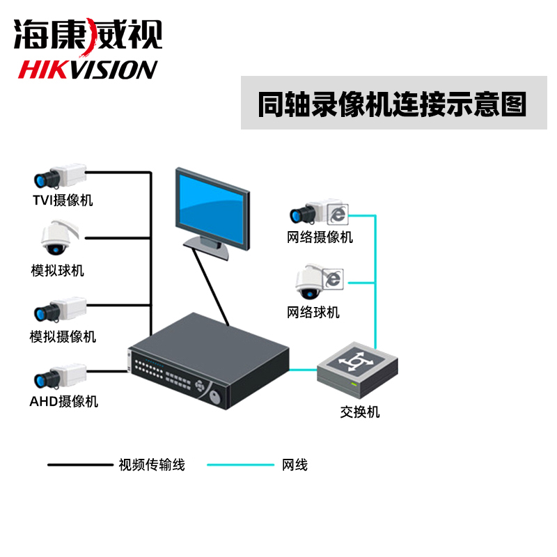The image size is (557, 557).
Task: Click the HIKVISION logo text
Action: tap(88, 70)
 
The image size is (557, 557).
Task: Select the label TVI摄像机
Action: tap(63, 201)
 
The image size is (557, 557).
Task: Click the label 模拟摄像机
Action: tap(63, 337)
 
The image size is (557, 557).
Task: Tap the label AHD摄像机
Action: tap(63, 401)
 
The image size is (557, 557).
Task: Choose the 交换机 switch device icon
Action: tap(358, 370)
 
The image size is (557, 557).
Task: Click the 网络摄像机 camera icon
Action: tap(317, 210)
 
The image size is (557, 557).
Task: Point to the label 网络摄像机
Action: tap(320, 237)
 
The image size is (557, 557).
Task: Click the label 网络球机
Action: tap(313, 312)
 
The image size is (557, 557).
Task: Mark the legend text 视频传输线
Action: tap(152, 464)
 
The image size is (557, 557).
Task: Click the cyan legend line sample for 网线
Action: tap(240, 464)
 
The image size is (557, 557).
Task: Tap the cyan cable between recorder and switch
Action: tap(303, 370)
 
